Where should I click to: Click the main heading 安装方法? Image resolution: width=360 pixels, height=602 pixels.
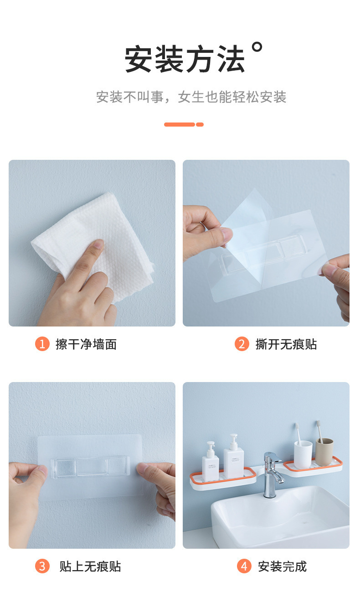pos(185,59)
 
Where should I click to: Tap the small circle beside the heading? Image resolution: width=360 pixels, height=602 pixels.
pos(257,47)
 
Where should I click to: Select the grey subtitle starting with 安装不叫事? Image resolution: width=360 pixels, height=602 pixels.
pos(191,97)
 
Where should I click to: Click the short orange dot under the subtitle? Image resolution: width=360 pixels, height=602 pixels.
pos(200,124)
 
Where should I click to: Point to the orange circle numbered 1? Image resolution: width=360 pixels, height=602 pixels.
pos(42,344)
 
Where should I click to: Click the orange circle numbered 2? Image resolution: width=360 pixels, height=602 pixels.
pos(242,344)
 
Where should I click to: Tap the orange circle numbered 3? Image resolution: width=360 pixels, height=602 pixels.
pos(42,566)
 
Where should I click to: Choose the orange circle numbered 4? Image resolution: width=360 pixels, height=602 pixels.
pos(244,566)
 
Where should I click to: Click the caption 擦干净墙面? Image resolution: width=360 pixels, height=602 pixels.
pos(86,344)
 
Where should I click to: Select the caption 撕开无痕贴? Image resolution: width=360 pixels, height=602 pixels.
pos(286,344)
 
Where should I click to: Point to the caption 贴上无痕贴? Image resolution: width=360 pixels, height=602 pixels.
pos(90,566)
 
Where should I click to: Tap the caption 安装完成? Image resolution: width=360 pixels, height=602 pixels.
pos(282,566)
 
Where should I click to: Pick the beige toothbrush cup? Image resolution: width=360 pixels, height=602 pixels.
pos(324,452)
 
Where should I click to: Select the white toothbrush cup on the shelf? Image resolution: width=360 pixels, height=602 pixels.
pos(303,454)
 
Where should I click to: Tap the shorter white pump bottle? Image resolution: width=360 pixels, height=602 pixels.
pos(210,461)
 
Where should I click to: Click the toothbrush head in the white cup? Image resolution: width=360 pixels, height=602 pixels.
pos(297,427)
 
